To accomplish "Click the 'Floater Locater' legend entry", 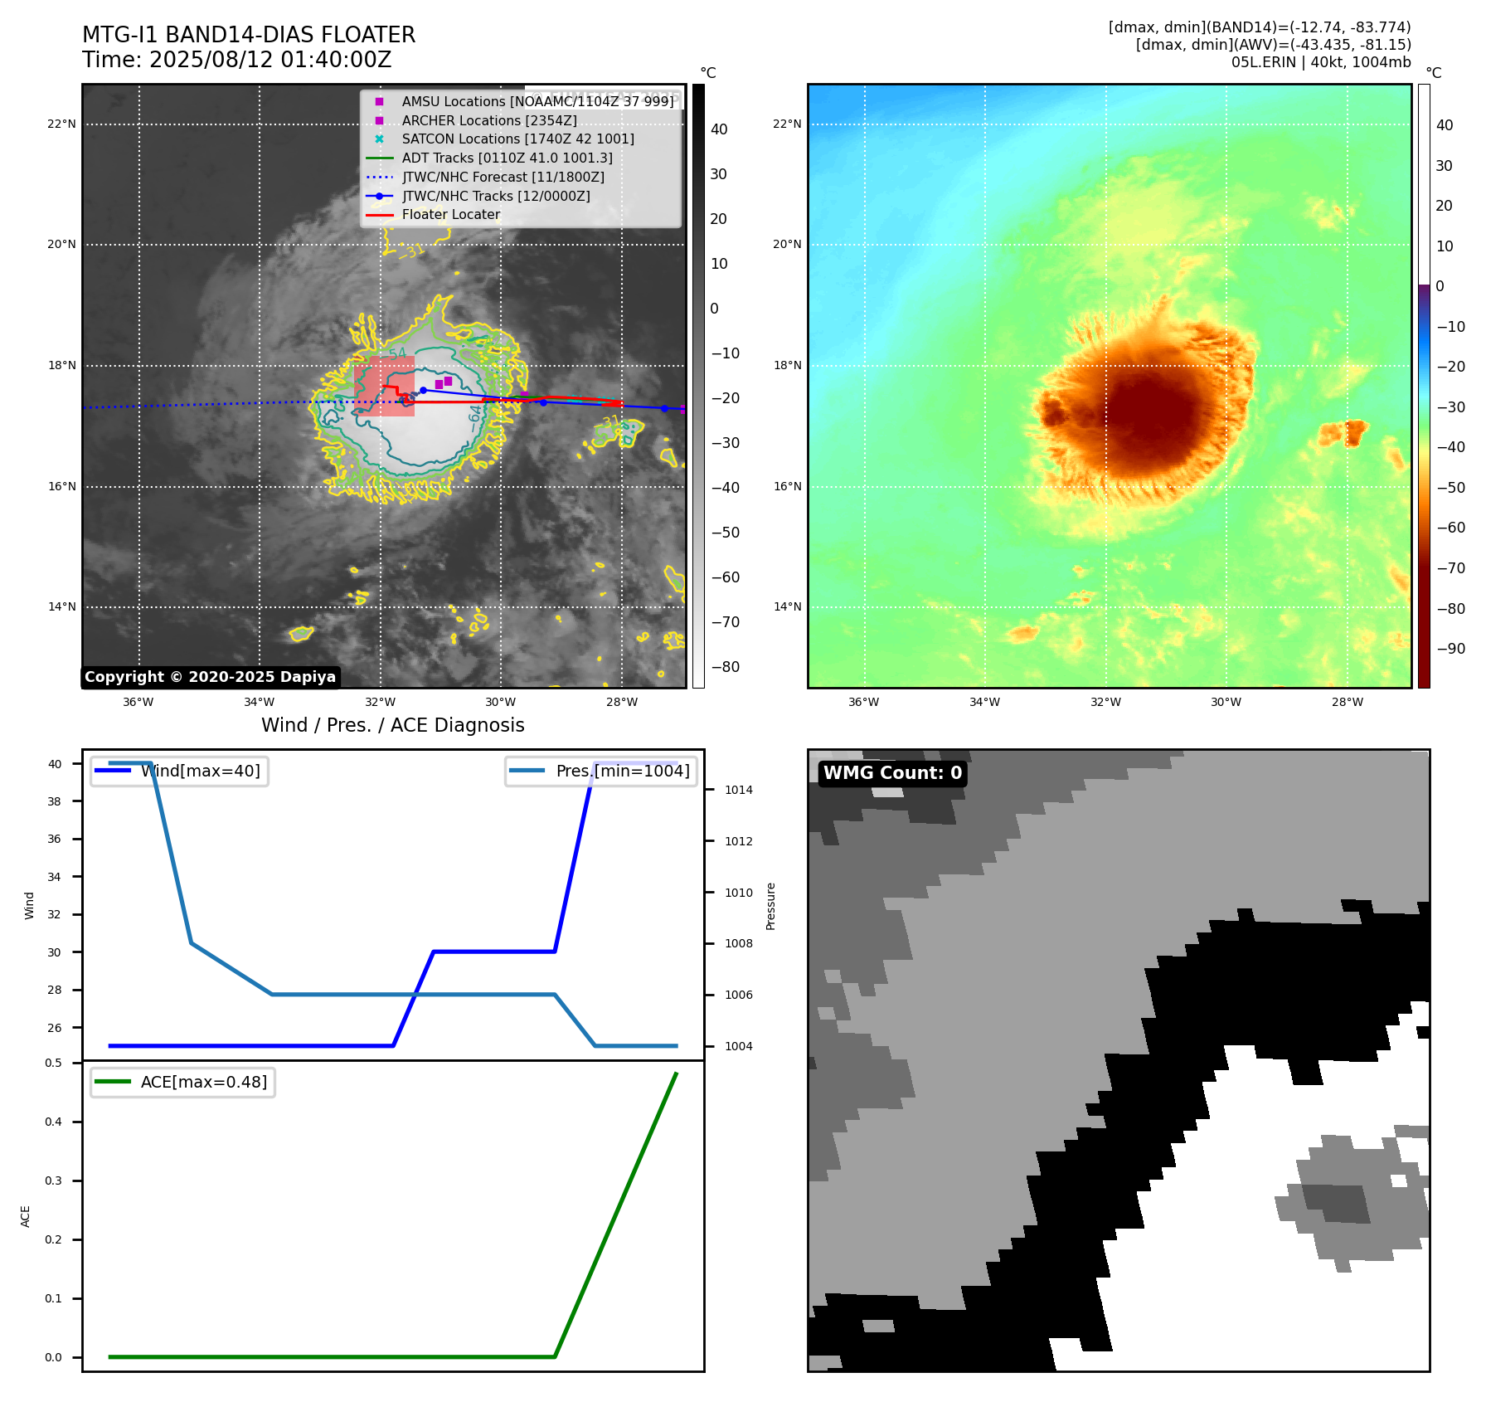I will (x=450, y=215).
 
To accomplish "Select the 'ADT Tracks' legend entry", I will (x=507, y=158).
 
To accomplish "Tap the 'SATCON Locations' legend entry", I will (x=517, y=139).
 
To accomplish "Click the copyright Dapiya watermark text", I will (x=210, y=677).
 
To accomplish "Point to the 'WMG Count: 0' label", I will (x=892, y=773).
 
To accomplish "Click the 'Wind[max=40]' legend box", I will (x=179, y=771).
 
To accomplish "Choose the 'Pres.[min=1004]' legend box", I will (x=601, y=771).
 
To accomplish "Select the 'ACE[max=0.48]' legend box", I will (x=182, y=1082).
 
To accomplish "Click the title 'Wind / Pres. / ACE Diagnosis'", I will (x=393, y=725).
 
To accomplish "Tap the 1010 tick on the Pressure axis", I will (x=738, y=893).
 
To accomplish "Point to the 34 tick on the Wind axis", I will (x=55, y=877).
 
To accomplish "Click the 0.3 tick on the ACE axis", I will (x=54, y=1181).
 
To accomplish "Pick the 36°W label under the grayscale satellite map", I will (x=138, y=702).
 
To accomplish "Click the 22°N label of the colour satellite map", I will (x=787, y=124).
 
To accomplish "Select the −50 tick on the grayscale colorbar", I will (x=725, y=533).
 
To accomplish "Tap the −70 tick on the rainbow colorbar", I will (x=1450, y=568).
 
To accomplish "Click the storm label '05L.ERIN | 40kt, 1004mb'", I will (x=1320, y=62).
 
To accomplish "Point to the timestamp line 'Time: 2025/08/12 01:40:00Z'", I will (x=236, y=60).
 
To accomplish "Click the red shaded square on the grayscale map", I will (x=384, y=386).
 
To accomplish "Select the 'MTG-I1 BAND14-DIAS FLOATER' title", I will (x=249, y=35).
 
